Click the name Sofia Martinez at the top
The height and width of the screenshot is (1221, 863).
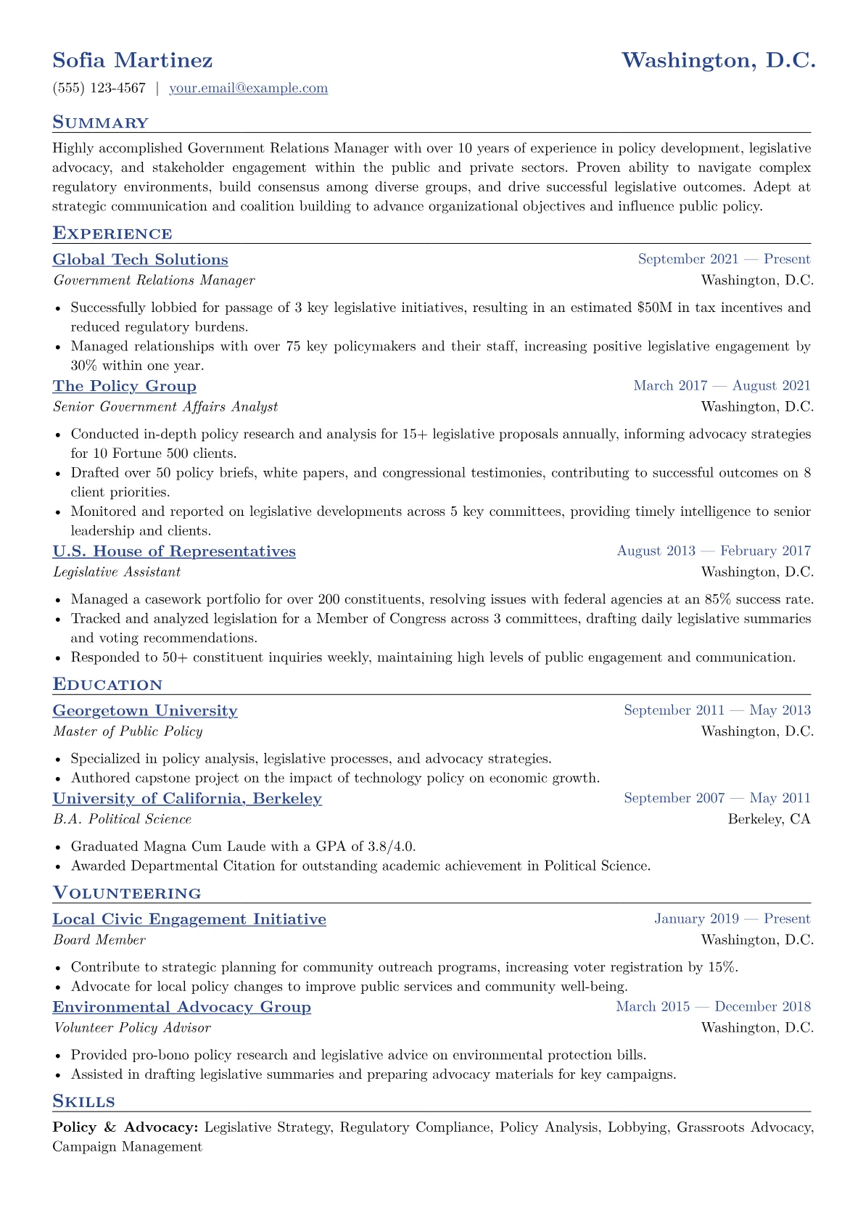pyautogui.click(x=133, y=60)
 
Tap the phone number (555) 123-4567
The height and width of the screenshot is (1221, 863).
pyautogui.click(x=99, y=89)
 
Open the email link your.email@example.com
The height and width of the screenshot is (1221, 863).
pyautogui.click(x=248, y=89)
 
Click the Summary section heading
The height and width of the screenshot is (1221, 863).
pyautogui.click(x=100, y=123)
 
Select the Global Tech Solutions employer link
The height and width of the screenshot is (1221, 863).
pyautogui.click(x=140, y=260)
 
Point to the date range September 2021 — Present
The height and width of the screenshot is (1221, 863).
pyautogui.click(x=724, y=259)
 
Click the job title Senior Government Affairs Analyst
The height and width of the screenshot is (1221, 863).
pyautogui.click(x=165, y=407)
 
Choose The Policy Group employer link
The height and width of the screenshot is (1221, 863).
pyautogui.click(x=124, y=386)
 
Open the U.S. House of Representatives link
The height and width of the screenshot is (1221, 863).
pyautogui.click(x=174, y=551)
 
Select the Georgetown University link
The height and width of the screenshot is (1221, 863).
pyautogui.click(x=145, y=711)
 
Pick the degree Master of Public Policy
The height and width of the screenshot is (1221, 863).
pyautogui.click(x=128, y=731)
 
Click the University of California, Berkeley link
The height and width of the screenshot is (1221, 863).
pyautogui.click(x=187, y=799)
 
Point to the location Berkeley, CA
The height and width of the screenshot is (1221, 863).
pyautogui.click(x=769, y=819)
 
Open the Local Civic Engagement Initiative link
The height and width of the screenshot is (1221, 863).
pyautogui.click(x=189, y=919)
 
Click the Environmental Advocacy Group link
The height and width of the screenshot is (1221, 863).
pyautogui.click(x=181, y=1007)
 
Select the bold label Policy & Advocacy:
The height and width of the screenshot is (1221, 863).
pyautogui.click(x=125, y=1127)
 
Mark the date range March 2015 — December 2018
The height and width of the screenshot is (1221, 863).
pyautogui.click(x=713, y=1006)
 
